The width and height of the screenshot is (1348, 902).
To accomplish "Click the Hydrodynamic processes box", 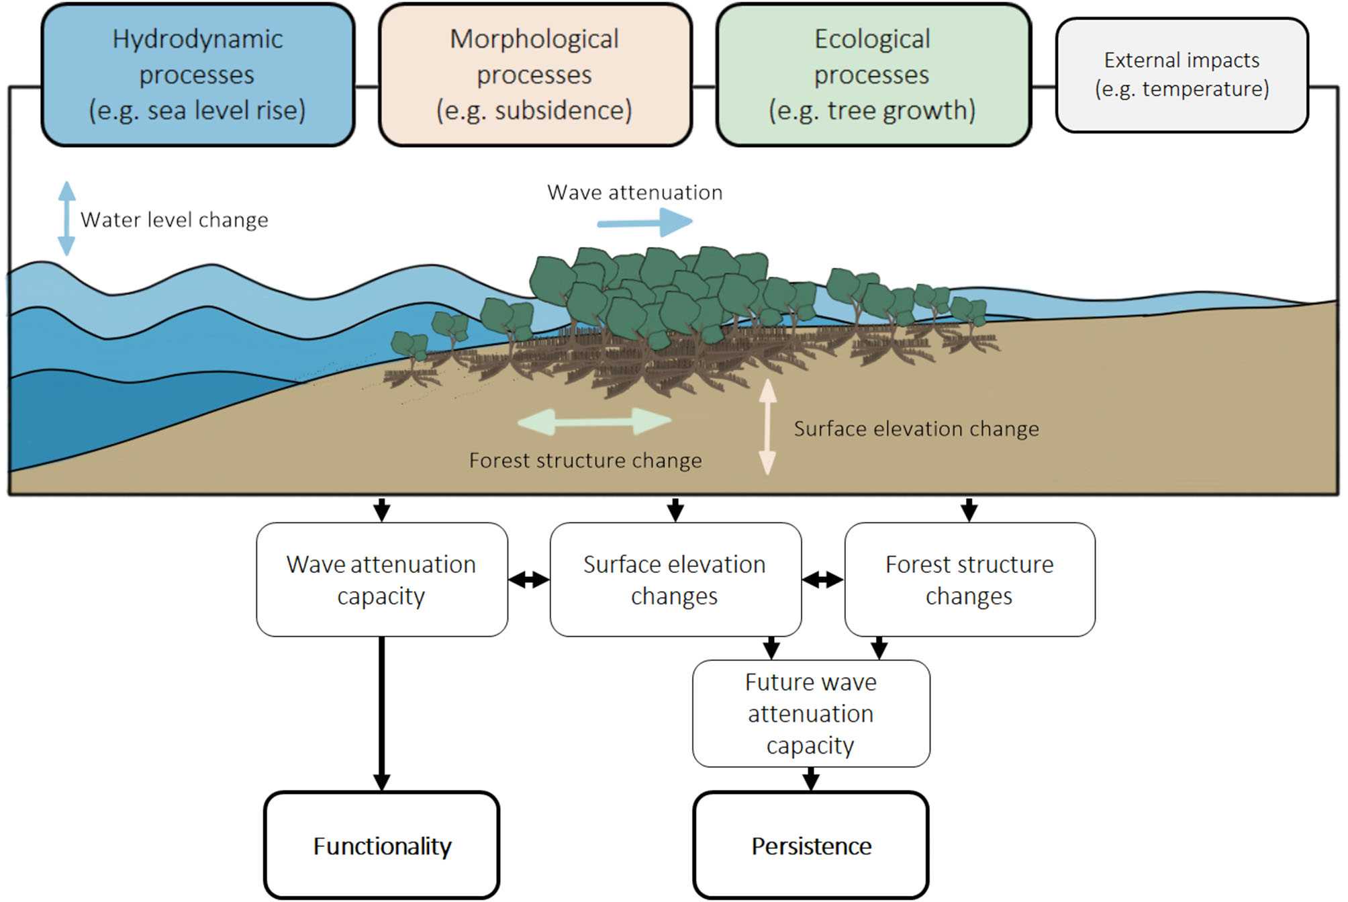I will tap(197, 75).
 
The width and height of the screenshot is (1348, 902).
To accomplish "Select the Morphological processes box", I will tap(534, 75).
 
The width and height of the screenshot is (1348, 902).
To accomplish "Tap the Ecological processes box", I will tap(873, 75).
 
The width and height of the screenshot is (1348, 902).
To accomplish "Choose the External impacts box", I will tap(1182, 75).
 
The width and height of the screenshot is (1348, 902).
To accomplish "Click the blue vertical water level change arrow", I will tap(66, 218).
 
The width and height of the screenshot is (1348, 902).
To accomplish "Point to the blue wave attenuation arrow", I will tap(644, 222).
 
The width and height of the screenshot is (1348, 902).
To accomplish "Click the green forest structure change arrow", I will tap(594, 422).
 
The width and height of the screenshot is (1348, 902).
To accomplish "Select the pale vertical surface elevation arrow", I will tap(767, 427).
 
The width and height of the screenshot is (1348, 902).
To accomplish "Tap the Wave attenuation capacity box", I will tap(381, 580).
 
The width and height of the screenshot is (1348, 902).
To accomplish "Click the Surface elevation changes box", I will tap(675, 580).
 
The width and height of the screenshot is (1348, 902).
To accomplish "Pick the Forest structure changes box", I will tap(969, 580).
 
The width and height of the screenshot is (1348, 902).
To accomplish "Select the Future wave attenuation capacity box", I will tap(811, 713).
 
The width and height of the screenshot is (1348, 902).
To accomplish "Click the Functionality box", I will tap(382, 845).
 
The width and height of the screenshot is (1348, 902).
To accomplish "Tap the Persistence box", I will tap(811, 845).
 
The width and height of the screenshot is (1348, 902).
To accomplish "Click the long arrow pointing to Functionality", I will tap(381, 712).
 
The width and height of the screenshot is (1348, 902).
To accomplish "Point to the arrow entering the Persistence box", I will tap(811, 779).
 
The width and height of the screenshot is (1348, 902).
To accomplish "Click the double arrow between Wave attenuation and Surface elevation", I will tap(529, 580).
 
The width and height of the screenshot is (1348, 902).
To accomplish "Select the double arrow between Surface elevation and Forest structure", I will tap(823, 580).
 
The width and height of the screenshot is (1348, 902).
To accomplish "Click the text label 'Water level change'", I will tap(175, 220).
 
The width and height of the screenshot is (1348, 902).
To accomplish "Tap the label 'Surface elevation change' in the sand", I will tap(916, 429).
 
